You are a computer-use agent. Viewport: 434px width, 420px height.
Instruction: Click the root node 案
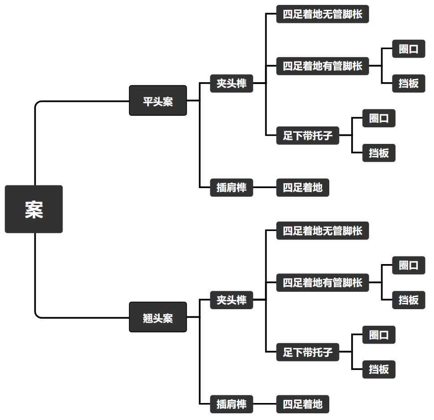(34, 209)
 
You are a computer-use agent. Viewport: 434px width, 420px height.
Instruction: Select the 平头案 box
(157, 101)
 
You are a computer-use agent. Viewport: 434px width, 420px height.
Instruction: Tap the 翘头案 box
(157, 317)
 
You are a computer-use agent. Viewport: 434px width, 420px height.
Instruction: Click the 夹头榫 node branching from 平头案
(231, 84)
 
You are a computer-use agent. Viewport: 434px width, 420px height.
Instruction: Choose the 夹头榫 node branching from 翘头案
(231, 300)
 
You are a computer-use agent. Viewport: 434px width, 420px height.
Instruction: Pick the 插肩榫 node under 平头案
(231, 188)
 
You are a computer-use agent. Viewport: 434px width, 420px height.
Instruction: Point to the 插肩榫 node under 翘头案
(231, 404)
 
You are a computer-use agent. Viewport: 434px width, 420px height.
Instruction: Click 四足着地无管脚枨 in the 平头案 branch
(322, 14)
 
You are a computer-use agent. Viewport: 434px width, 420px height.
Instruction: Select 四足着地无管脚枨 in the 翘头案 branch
(322, 231)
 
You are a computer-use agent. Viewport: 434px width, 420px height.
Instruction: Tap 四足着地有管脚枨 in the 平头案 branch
(322, 66)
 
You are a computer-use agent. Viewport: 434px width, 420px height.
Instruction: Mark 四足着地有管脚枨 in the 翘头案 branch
(322, 283)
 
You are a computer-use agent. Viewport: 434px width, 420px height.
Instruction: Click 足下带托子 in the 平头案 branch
(307, 135)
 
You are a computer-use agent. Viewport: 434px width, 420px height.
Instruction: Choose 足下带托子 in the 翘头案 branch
(307, 352)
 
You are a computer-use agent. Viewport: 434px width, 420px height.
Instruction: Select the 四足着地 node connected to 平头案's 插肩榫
(302, 188)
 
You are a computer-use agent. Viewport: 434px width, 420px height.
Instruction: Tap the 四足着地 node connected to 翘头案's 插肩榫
(302, 404)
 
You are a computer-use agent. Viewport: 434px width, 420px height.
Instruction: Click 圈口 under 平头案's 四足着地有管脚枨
(408, 49)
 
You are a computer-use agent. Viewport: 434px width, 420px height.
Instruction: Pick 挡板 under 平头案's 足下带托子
(379, 153)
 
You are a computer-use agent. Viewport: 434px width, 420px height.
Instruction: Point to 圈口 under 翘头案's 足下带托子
(379, 335)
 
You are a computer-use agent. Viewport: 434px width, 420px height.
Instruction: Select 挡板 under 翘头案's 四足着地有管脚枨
(408, 300)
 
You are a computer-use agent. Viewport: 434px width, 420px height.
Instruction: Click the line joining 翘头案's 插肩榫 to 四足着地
(264, 404)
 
